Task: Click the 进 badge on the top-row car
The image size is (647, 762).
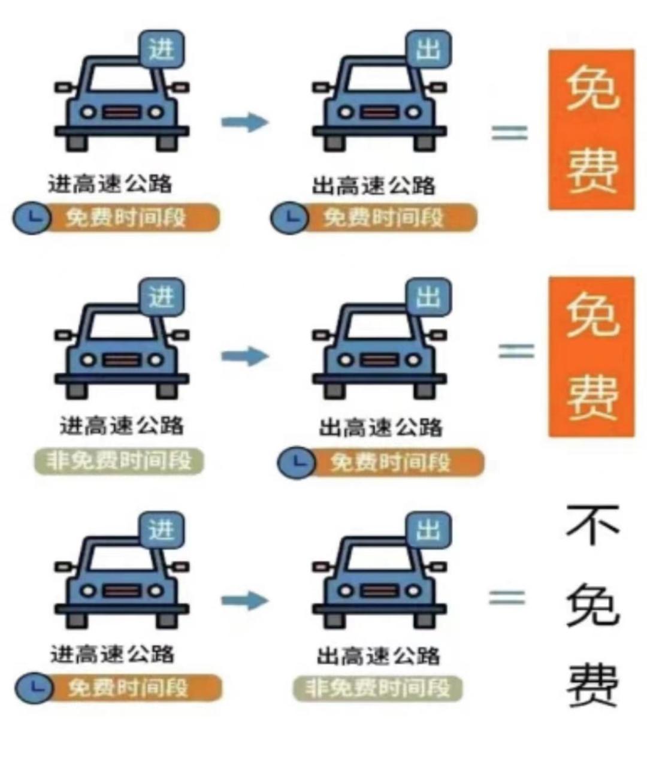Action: (x=162, y=49)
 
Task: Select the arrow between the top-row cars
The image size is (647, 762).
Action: (x=244, y=122)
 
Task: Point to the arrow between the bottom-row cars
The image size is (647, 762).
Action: (x=244, y=600)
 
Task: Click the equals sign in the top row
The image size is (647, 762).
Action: (x=510, y=133)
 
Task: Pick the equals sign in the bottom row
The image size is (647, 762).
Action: (x=507, y=598)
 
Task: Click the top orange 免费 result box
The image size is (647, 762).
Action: (x=591, y=130)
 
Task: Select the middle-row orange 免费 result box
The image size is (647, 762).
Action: (x=591, y=357)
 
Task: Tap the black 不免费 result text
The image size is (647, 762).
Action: (x=592, y=606)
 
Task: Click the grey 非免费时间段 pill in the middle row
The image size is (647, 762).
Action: (x=119, y=461)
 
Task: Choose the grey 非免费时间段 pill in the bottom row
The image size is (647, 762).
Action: (x=377, y=688)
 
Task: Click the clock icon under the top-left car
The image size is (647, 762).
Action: (x=32, y=218)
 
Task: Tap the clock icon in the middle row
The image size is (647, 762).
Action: (x=297, y=462)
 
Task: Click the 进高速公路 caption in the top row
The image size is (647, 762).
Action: (x=110, y=183)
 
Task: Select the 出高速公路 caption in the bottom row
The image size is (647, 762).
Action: (x=379, y=656)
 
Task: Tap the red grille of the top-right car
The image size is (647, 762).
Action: (x=379, y=112)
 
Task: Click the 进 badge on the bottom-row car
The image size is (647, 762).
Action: (x=162, y=530)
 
